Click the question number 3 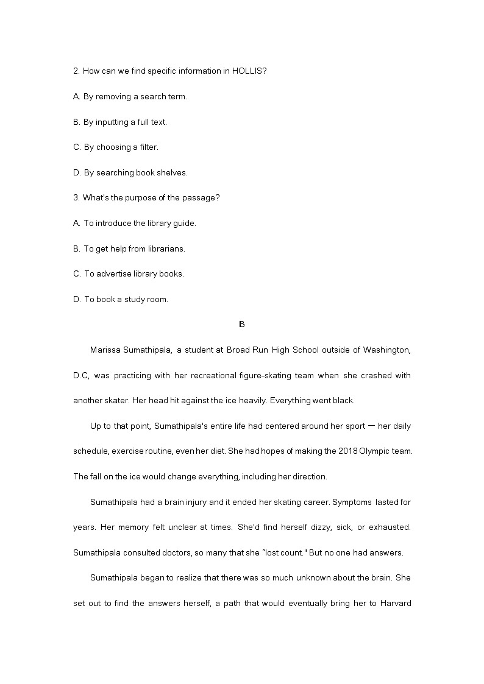pos(76,197)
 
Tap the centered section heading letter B pos(242,324)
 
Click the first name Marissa pos(105,350)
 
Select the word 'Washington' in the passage pos(386,350)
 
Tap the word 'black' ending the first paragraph pos(341,400)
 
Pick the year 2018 pos(325,451)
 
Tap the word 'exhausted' pos(390,527)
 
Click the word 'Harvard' pos(396,604)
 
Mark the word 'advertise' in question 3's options pos(114,273)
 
